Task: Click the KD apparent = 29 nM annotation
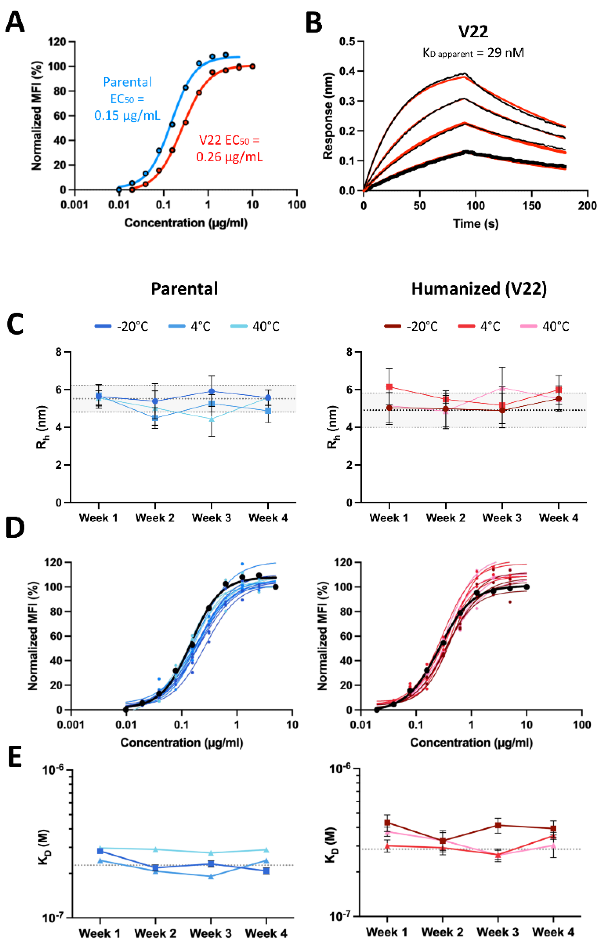click(473, 53)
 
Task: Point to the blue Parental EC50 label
click(127, 99)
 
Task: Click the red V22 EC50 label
click(229, 148)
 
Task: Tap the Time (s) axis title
click(476, 224)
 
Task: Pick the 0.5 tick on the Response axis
click(347, 42)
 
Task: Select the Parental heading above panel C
click(184, 289)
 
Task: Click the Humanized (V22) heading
click(479, 289)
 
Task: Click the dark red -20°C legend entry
click(411, 326)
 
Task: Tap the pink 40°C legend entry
click(545, 326)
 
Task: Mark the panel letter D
click(15, 529)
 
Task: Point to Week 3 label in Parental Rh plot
click(211, 518)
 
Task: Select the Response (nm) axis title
click(328, 116)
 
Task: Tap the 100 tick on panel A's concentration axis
click(297, 205)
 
